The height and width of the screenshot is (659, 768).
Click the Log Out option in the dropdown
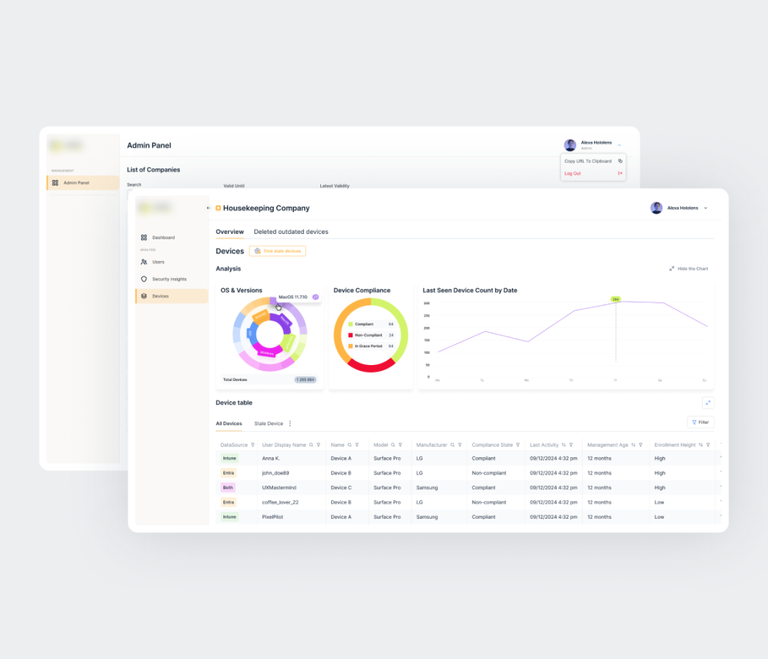[x=573, y=173]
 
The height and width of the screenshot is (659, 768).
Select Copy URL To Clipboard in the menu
[x=588, y=161]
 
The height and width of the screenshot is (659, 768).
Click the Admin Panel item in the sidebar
[x=76, y=183]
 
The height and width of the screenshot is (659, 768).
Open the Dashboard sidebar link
[x=163, y=238]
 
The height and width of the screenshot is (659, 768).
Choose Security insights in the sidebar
[x=169, y=279]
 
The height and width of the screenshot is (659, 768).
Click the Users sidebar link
[x=157, y=262]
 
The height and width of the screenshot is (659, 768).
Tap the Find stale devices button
[x=277, y=251]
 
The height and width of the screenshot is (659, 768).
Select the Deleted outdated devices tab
[x=291, y=232]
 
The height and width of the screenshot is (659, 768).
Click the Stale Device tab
[x=268, y=424]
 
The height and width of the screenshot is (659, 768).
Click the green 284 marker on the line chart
[x=616, y=299]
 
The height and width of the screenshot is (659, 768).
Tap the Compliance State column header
[x=492, y=445]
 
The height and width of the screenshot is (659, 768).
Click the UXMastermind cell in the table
[x=276, y=487]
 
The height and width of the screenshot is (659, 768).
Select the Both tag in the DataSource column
[x=228, y=487]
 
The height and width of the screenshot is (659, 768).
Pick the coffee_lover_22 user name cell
[x=280, y=502]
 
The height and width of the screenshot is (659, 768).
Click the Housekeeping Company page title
[x=266, y=208]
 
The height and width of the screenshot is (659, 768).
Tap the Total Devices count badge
[x=305, y=379]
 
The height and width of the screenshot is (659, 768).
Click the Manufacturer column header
[x=432, y=445]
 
